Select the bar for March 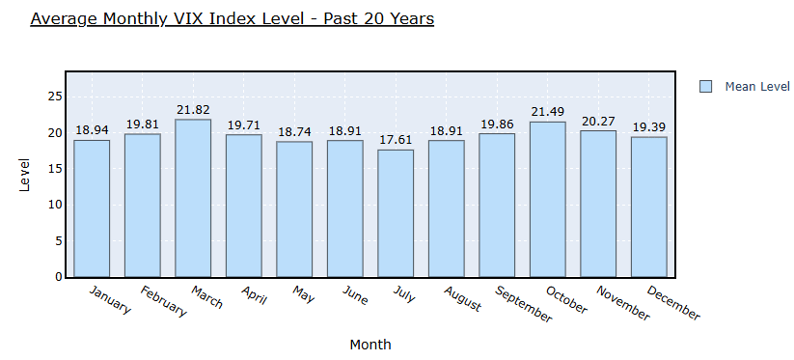193,198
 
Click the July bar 396,213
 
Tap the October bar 548,199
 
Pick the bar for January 92,208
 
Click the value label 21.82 193,110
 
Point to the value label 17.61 396,140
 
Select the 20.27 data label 598,122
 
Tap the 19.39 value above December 648,127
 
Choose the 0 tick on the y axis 58,277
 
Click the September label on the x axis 524,304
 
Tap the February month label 164,301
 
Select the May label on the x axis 303,294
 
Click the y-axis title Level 24,176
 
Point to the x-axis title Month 370,345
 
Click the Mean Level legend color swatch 705,87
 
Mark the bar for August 446,208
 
